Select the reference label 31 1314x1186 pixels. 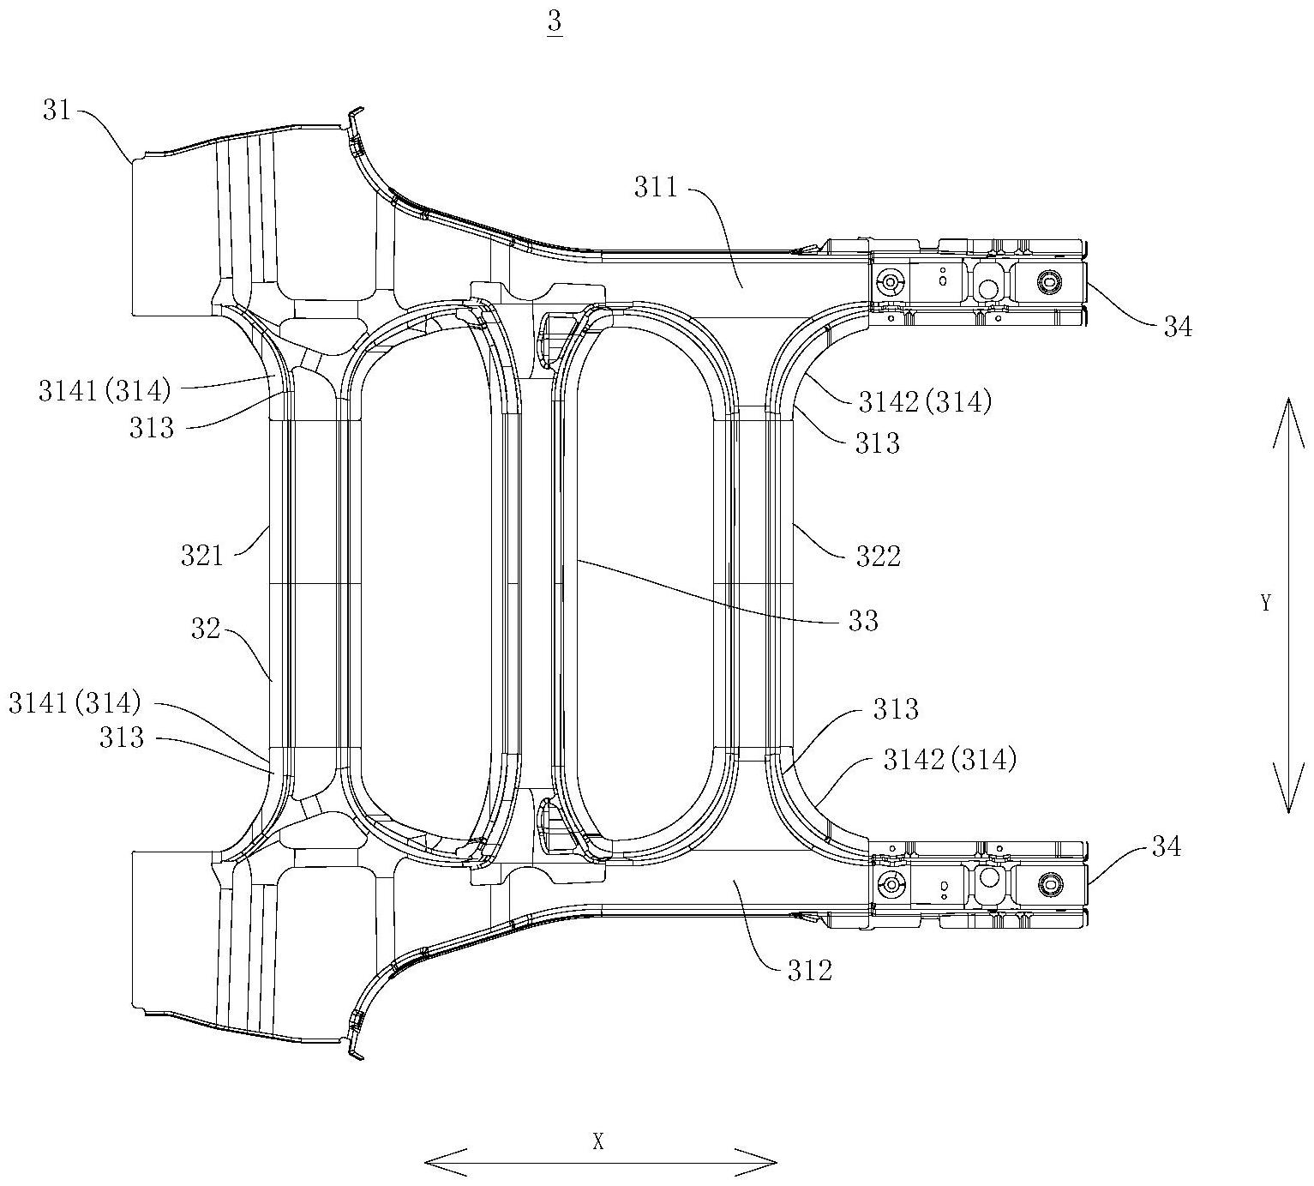(x=57, y=110)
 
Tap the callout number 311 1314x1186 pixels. (x=656, y=188)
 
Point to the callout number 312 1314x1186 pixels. (x=810, y=970)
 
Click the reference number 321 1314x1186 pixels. (x=202, y=556)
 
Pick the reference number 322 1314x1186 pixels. (x=879, y=557)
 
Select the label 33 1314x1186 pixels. (x=863, y=620)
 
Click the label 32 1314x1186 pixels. (x=205, y=629)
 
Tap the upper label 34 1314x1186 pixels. (x=1177, y=327)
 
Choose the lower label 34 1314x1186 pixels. (x=1166, y=847)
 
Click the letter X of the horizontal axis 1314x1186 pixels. (x=598, y=1124)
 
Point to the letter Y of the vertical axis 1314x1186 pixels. (x=1265, y=603)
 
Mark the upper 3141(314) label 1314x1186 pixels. (x=105, y=391)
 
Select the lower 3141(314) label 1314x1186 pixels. (x=75, y=703)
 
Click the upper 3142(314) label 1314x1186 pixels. (x=925, y=402)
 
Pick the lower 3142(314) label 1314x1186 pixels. (x=950, y=760)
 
